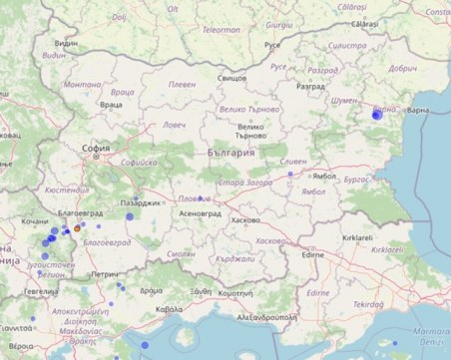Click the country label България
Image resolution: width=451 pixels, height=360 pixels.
click(x=231, y=153)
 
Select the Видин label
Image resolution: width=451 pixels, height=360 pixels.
click(x=66, y=45)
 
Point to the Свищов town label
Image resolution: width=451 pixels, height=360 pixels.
click(x=231, y=77)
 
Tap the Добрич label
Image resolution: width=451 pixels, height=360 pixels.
click(x=404, y=69)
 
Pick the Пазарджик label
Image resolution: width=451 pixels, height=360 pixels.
click(x=141, y=202)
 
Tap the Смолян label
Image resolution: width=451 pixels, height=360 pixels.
click(x=182, y=253)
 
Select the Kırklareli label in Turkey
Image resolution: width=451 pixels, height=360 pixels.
click(x=356, y=239)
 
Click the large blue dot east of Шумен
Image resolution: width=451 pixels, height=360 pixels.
click(x=376, y=116)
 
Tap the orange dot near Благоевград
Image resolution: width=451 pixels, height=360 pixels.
click(x=78, y=228)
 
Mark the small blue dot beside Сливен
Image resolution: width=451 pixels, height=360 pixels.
click(x=290, y=175)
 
